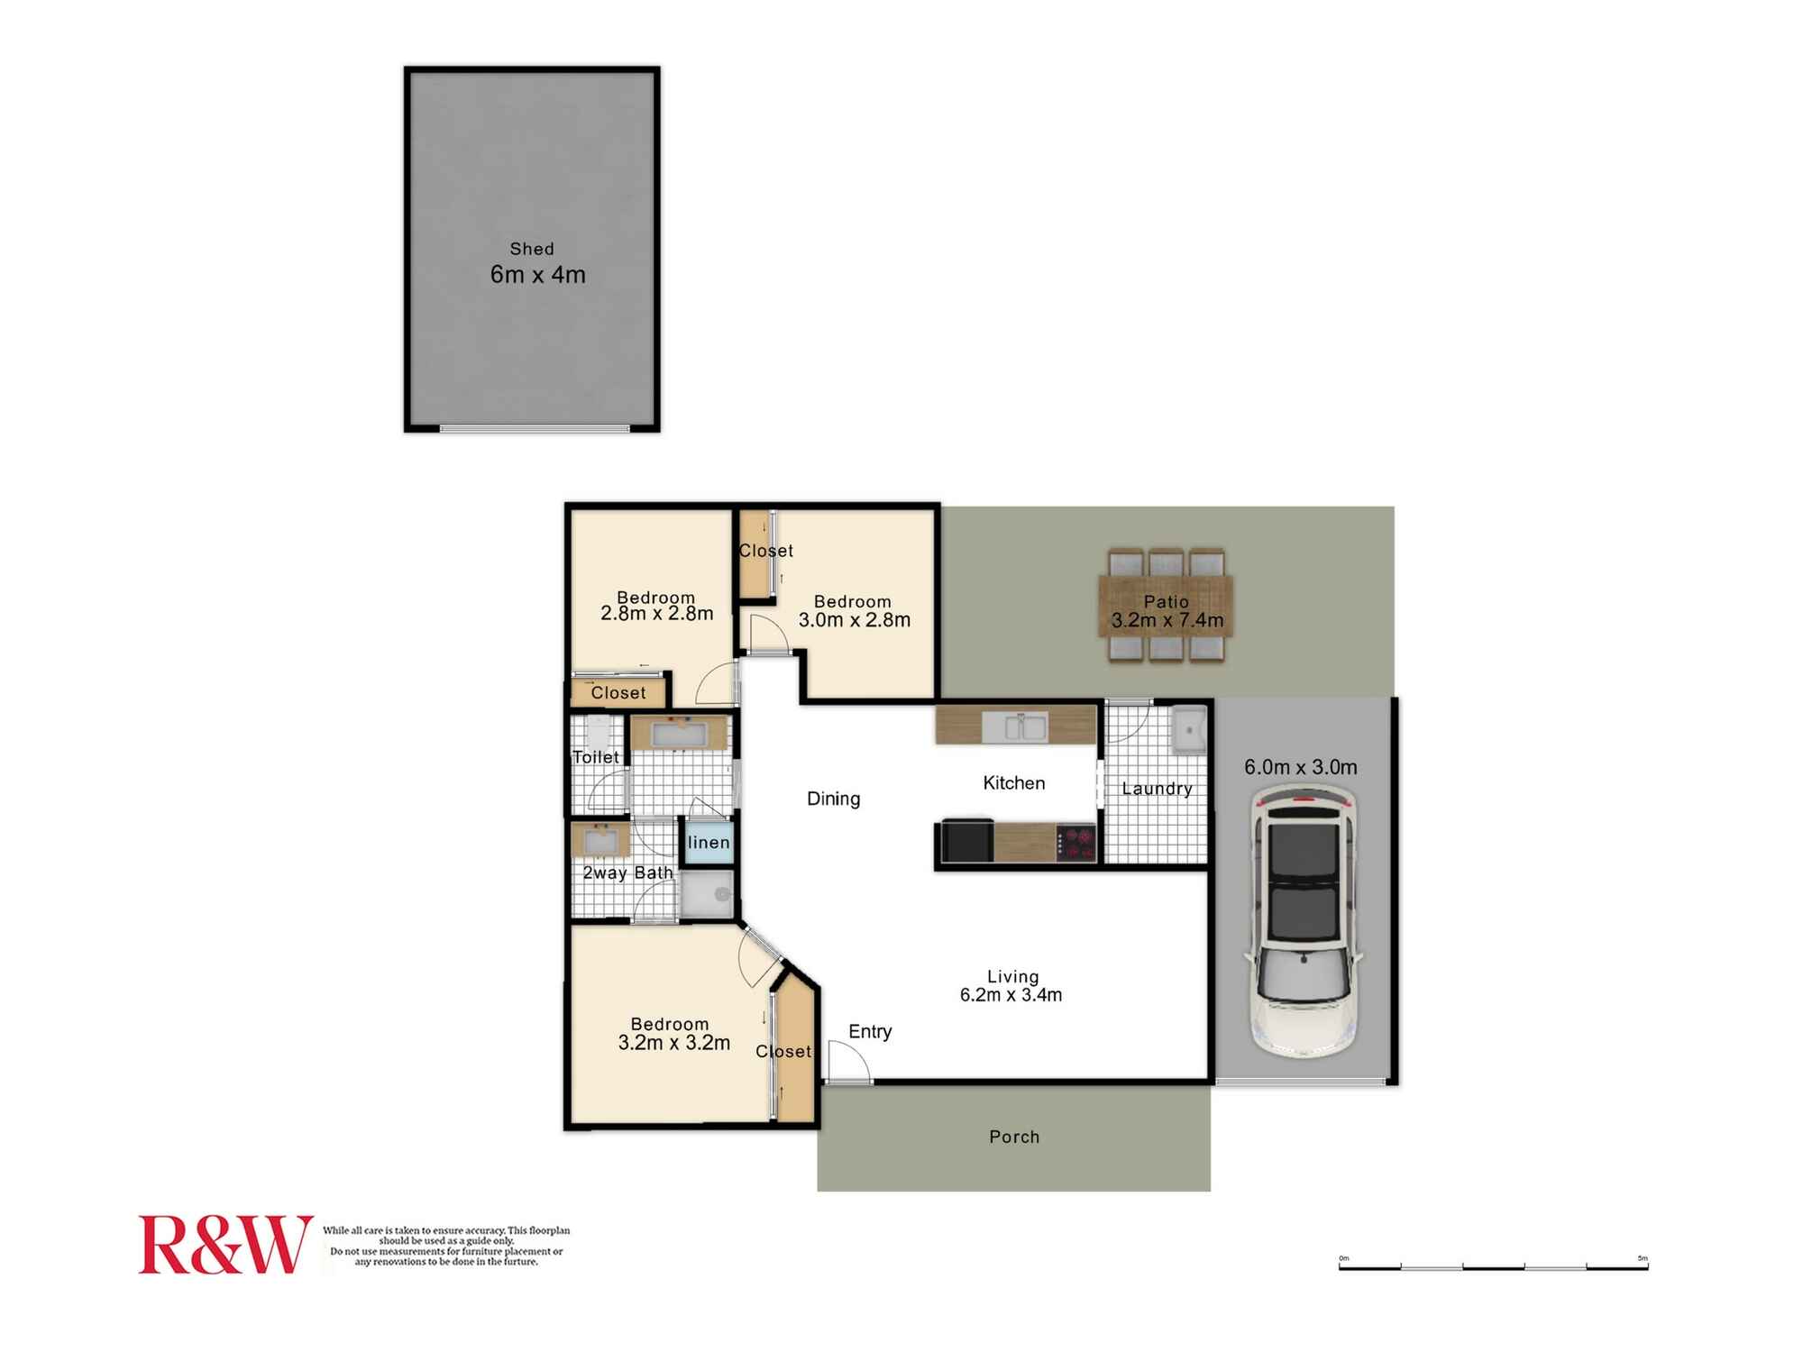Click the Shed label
[x=532, y=249]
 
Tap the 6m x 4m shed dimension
[x=538, y=275]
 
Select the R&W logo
[x=225, y=1245]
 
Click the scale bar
[x=1494, y=1265]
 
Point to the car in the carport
[x=1304, y=920]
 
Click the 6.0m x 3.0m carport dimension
[x=1301, y=767]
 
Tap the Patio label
[x=1167, y=601]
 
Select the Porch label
[x=1014, y=1137]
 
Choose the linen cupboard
[x=708, y=843]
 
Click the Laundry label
[x=1157, y=789]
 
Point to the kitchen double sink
[x=1014, y=726]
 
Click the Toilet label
[x=596, y=757]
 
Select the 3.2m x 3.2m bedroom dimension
[x=674, y=1043]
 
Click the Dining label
[x=833, y=799]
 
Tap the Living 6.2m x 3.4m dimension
[x=1011, y=995]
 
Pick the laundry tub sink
[x=1188, y=729]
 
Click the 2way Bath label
[x=627, y=872]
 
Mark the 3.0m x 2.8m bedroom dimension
[x=855, y=620]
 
